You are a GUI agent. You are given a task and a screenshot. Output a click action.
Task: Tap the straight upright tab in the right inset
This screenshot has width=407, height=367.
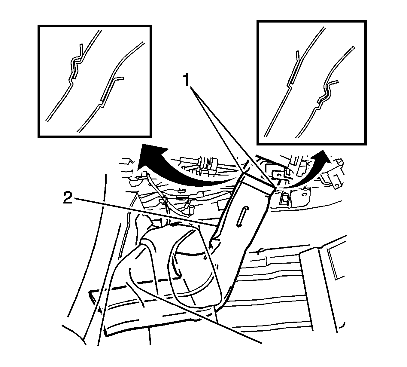click(298, 56)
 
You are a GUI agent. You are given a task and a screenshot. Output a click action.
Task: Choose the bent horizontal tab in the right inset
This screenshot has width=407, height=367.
click(334, 82)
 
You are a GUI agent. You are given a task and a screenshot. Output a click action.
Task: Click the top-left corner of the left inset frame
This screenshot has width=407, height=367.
click(38, 25)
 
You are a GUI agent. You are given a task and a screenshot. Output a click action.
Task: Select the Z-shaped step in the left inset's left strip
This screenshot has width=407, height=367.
click(71, 82)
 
